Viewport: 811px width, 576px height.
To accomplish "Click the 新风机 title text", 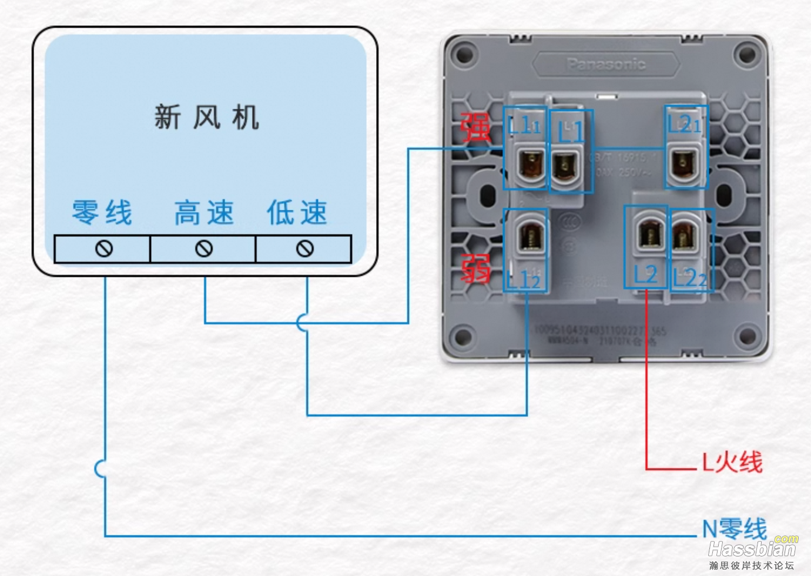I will click(206, 117).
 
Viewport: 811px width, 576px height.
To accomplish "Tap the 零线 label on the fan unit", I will click(102, 212).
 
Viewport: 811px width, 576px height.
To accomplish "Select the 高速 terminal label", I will click(204, 212).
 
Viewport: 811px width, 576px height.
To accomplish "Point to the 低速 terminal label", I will click(297, 212).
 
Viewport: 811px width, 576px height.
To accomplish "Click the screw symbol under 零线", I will click(104, 249).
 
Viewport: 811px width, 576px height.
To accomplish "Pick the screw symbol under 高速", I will click(204, 249).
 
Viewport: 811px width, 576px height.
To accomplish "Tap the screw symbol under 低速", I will click(304, 249).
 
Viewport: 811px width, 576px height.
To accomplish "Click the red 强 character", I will click(475, 128).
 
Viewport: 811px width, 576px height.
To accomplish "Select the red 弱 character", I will click(475, 269).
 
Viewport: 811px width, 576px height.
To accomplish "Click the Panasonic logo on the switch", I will click(606, 64).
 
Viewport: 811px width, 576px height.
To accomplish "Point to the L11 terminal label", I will click(524, 125).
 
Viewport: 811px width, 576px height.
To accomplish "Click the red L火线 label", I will click(732, 462).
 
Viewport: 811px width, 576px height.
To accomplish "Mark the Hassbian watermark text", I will click(752, 549).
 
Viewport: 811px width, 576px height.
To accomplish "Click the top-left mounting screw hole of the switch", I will click(464, 55).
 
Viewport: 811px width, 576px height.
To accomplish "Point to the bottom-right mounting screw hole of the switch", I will click(747, 336).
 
